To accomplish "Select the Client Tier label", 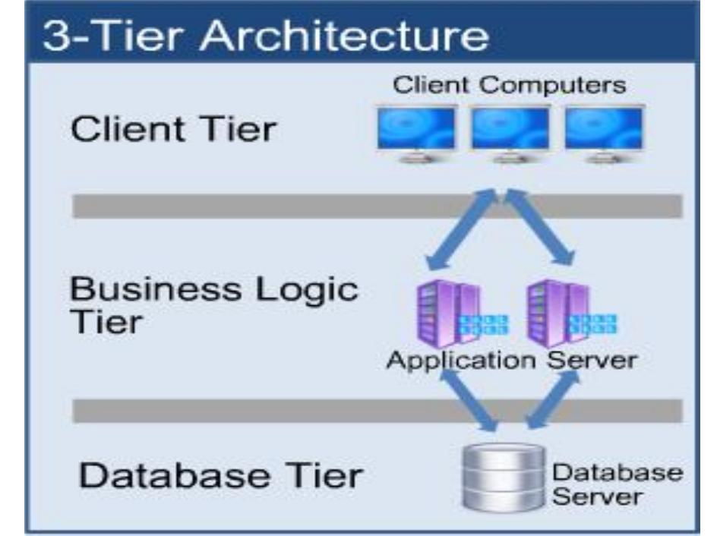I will click(172, 129).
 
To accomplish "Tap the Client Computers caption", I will click(510, 84).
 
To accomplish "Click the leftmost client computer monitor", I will click(416, 131).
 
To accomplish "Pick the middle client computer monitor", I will click(510, 131).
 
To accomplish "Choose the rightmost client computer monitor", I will click(604, 131).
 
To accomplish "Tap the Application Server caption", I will click(510, 359).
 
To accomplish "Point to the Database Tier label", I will click(221, 477).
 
